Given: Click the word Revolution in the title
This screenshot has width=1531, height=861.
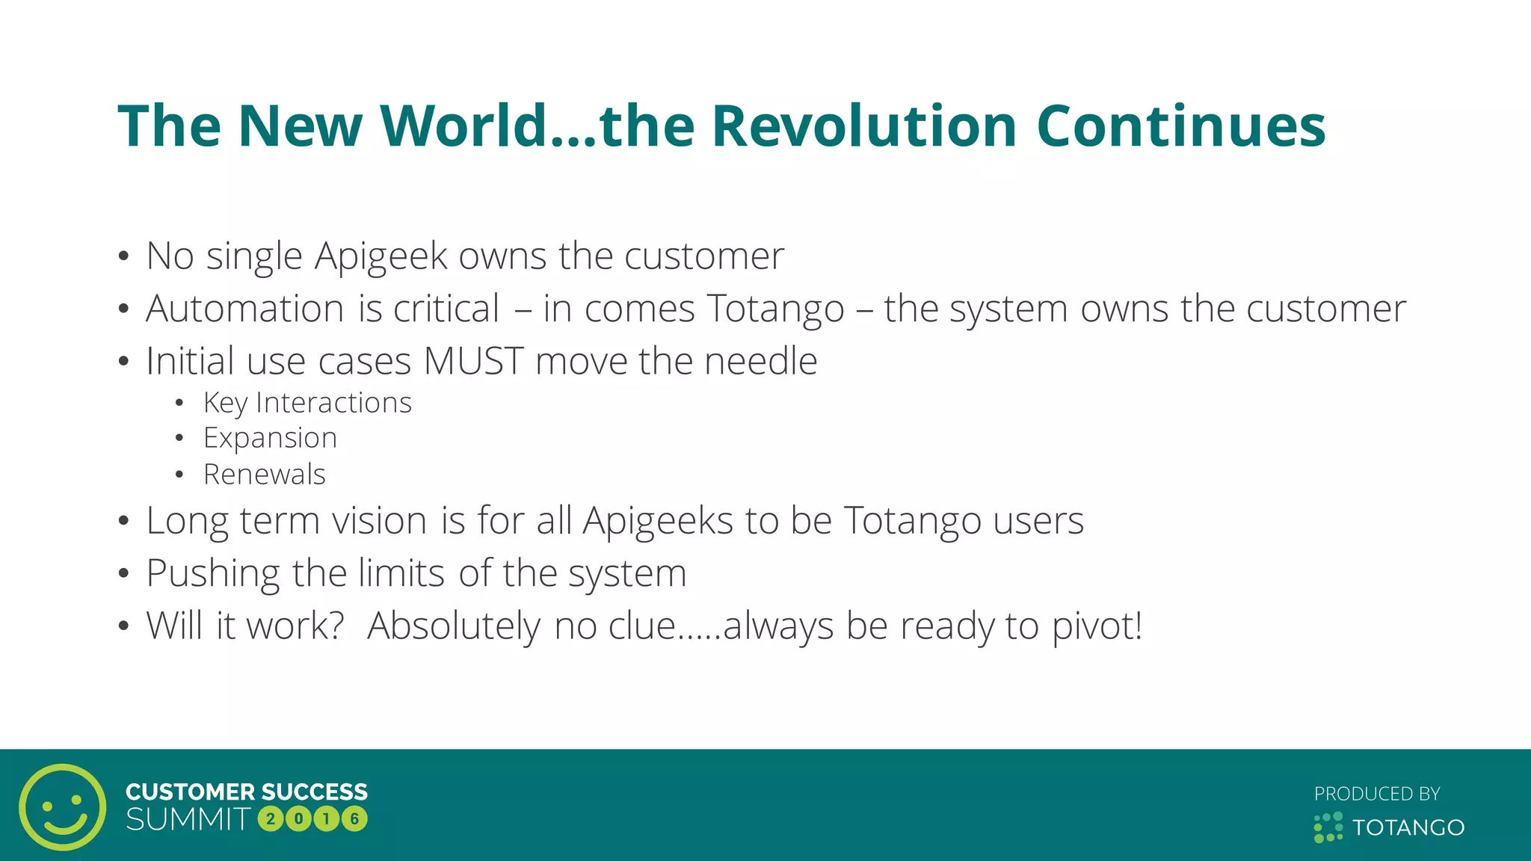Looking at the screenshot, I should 863,126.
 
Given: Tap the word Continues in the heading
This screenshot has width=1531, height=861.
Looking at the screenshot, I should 1181,126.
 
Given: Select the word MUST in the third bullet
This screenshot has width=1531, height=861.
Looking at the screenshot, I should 473,361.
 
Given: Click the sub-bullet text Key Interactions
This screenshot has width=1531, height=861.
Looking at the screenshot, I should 307,403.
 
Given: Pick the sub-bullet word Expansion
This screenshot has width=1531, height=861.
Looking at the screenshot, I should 270,438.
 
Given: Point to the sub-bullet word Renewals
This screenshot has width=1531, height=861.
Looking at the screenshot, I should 264,475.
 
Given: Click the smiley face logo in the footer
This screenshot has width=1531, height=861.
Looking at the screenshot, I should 63,806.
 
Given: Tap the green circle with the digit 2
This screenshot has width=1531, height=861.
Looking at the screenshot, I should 271,819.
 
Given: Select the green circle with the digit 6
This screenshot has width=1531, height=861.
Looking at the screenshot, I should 354,819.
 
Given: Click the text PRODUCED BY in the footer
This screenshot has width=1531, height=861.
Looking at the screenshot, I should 1377,794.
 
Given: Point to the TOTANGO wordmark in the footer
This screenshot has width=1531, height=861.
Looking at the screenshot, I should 1408,827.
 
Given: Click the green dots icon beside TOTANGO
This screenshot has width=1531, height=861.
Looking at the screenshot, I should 1328,827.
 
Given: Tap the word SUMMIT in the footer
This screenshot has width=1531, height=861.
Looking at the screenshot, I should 188,820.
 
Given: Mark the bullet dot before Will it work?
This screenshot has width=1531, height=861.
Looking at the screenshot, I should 124,626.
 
